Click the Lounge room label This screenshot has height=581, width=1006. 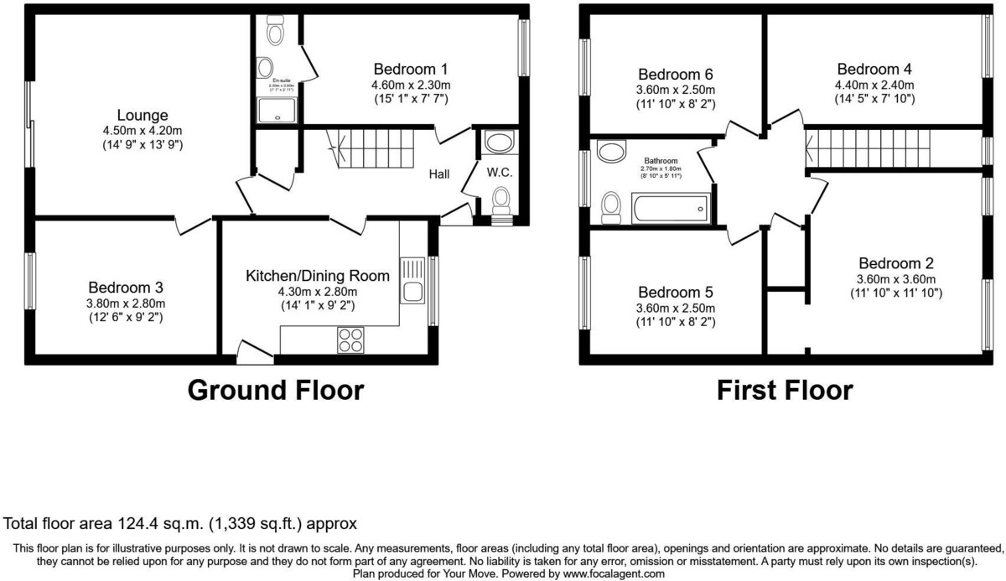(x=142, y=115)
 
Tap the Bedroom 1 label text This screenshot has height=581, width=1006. (x=411, y=69)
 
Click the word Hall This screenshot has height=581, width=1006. (x=439, y=174)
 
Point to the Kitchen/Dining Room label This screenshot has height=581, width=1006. (x=318, y=276)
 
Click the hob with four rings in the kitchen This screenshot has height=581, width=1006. (x=350, y=339)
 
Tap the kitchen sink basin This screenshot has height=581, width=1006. (x=412, y=291)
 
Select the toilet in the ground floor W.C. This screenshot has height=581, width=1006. (x=501, y=201)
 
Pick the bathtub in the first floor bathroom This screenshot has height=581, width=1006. (x=671, y=208)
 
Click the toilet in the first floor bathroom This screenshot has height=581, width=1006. (x=610, y=206)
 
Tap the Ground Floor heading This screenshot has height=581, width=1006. (x=275, y=391)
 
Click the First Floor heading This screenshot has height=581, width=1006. (x=785, y=391)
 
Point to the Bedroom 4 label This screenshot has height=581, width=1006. (x=874, y=69)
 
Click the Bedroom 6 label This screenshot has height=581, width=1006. (x=675, y=74)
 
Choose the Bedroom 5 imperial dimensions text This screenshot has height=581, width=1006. (x=676, y=322)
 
